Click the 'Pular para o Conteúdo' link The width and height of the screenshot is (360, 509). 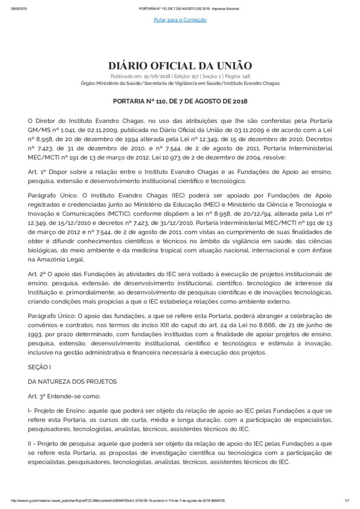[180, 20]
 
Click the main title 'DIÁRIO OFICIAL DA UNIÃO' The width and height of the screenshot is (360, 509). [180, 66]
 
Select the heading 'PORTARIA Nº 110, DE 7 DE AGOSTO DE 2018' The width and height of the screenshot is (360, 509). [180, 101]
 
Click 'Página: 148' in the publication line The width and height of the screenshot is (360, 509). [238, 77]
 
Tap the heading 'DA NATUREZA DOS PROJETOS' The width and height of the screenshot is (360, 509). [73, 381]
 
